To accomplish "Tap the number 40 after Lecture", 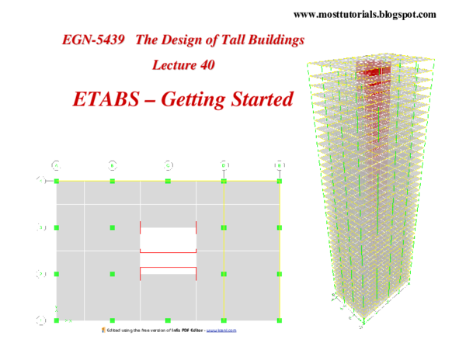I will [207, 65].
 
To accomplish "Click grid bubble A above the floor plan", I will [57, 165].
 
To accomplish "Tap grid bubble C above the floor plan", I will [169, 165].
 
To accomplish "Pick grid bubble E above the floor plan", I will [280, 165].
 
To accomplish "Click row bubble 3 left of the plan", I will [40, 227].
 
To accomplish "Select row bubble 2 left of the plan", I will [40, 274].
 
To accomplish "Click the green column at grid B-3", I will [113, 227].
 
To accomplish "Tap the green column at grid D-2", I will [224, 274].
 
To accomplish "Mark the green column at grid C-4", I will [169, 181].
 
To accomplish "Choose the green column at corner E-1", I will [280, 320].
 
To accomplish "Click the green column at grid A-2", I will [57, 274].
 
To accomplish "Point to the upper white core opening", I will [168, 239].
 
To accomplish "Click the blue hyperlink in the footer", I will [221, 330].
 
